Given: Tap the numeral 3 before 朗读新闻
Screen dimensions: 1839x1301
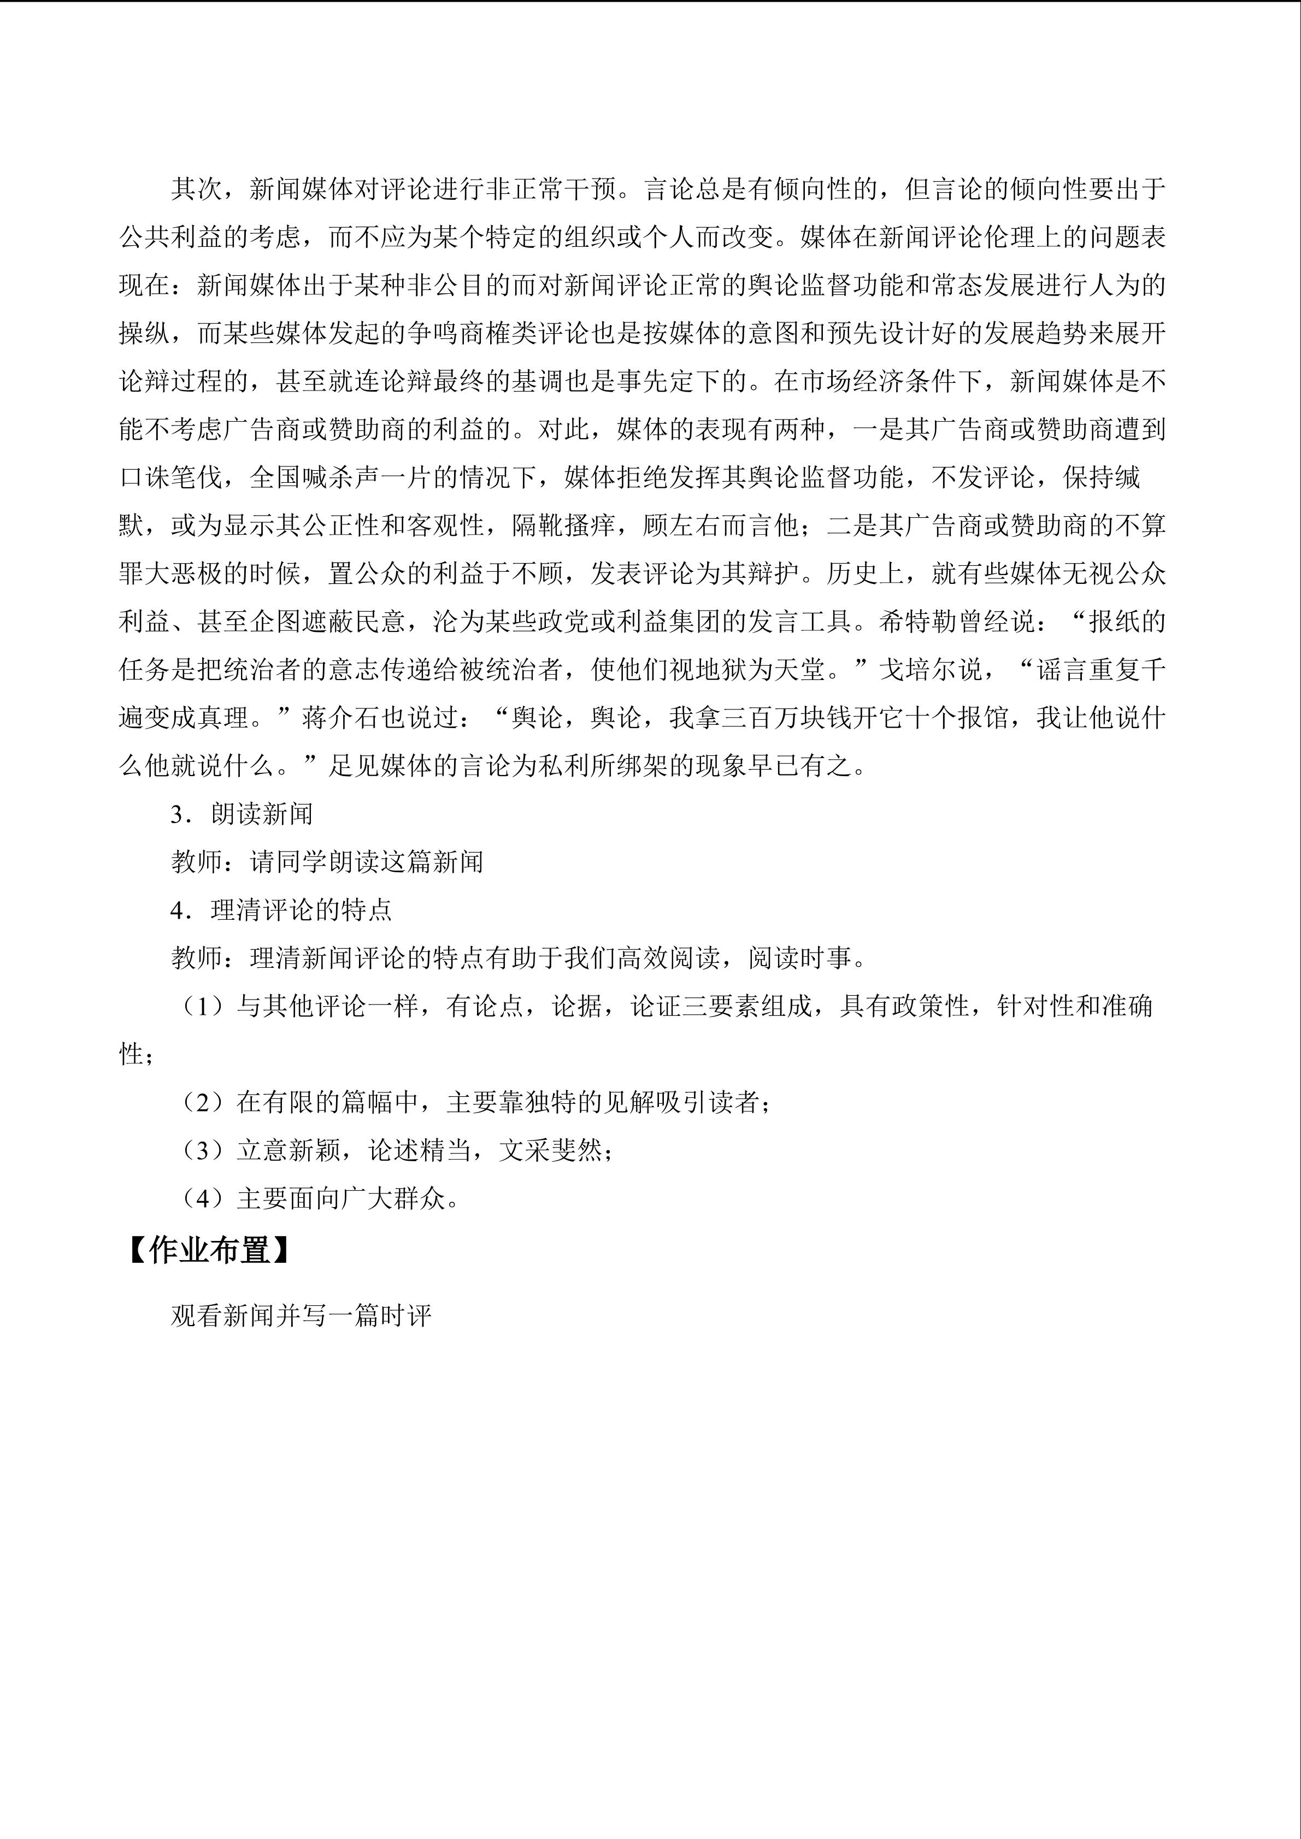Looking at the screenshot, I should coord(177,814).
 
